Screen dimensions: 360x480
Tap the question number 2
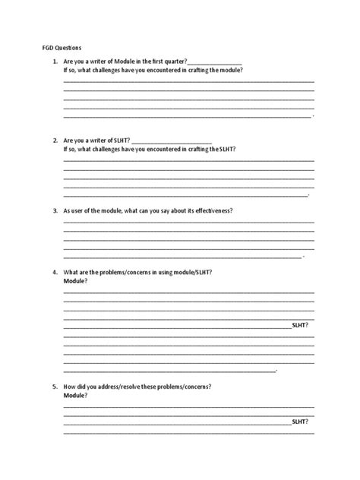coord(55,141)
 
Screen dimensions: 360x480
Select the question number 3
coord(55,210)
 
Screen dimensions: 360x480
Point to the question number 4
coord(55,272)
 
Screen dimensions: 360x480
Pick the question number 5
coord(55,387)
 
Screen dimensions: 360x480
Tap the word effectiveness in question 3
coord(210,210)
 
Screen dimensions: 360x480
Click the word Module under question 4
coord(74,281)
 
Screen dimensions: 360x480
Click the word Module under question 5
coord(74,396)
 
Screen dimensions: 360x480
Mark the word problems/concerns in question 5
coord(184,387)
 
